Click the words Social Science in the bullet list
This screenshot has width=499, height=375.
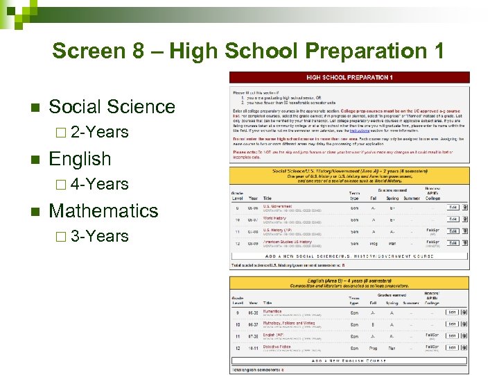pos(112,107)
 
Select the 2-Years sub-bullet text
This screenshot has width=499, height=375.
pos(99,132)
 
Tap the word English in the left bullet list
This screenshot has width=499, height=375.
pos(80,159)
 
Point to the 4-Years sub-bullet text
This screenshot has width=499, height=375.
pos(99,184)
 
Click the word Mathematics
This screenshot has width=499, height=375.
pos(104,210)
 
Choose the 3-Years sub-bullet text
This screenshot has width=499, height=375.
pos(99,236)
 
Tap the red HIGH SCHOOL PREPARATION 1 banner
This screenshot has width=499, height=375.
pos(349,77)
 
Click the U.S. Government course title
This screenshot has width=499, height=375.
pos(277,206)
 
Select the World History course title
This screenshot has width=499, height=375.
pos(275,218)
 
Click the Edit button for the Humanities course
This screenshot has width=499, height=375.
pos(452,312)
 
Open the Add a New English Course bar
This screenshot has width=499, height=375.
pos(349,360)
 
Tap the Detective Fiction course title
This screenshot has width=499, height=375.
pos(277,347)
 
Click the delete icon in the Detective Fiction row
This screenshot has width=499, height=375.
pos(464,347)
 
